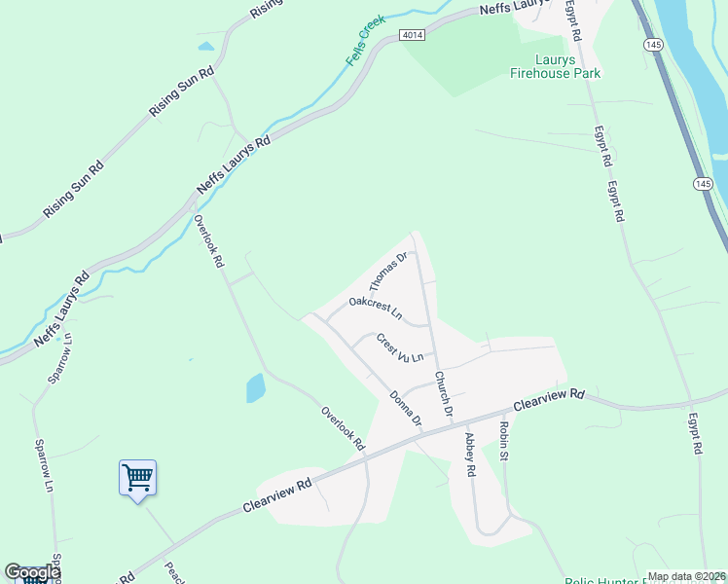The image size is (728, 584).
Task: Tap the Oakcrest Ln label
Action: (375, 309)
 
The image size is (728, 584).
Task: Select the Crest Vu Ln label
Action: (400, 349)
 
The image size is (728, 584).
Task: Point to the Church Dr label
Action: (445, 394)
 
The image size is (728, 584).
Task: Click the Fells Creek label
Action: (366, 42)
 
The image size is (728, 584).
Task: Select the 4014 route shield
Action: (414, 34)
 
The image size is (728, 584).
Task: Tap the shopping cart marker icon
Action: (137, 478)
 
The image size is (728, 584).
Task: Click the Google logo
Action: (31, 572)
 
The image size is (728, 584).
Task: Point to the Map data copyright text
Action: (686, 576)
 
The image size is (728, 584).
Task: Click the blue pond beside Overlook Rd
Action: (255, 388)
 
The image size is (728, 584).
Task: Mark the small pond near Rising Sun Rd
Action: (205, 45)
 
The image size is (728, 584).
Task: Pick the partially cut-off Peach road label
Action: (168, 571)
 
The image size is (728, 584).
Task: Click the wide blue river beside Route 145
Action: (695, 68)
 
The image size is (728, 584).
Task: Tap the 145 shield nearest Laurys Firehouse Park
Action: (654, 45)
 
